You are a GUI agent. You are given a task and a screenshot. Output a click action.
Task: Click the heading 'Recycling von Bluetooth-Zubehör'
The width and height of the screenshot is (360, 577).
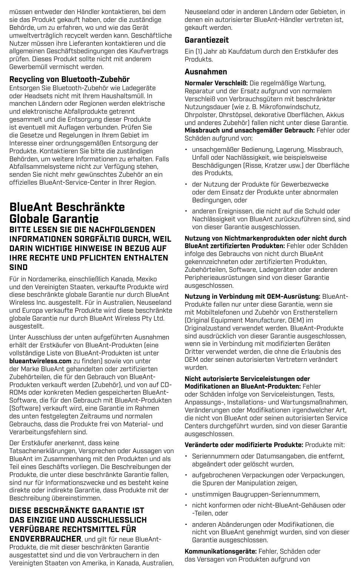click(x=69, y=79)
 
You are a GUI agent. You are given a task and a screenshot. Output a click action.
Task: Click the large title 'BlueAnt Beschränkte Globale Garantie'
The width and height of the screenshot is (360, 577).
click(x=67, y=213)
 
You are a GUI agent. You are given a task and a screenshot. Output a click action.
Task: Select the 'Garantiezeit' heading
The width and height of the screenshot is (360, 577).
click(x=206, y=40)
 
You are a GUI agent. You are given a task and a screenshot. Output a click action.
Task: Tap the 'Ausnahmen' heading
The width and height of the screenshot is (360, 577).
click(x=206, y=72)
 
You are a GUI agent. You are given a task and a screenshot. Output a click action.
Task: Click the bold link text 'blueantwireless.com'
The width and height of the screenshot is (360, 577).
click(x=40, y=361)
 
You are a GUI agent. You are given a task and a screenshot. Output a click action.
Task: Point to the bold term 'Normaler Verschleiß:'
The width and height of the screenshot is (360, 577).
click(x=216, y=83)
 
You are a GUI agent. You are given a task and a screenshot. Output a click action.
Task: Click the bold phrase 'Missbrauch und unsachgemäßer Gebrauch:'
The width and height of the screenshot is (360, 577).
click(x=249, y=130)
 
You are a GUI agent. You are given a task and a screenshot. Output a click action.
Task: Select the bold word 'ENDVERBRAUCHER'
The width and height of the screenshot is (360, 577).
click(x=45, y=538)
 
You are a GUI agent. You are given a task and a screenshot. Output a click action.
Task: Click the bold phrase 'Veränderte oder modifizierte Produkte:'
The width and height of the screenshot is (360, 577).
click(x=244, y=445)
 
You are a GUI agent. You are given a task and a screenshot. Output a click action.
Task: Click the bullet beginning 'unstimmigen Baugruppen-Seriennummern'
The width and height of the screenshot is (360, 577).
click(x=256, y=494)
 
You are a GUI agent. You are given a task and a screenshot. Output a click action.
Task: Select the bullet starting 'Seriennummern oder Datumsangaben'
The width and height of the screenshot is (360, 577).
click(x=268, y=460)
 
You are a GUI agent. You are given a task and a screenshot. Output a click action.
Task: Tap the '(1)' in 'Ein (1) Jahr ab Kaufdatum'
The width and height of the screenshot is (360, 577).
click(x=198, y=51)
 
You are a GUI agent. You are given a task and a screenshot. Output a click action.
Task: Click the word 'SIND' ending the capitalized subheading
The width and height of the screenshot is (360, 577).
click(x=18, y=267)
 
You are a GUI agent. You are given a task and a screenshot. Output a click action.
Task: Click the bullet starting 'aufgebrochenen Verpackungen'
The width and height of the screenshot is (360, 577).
click(x=268, y=479)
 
